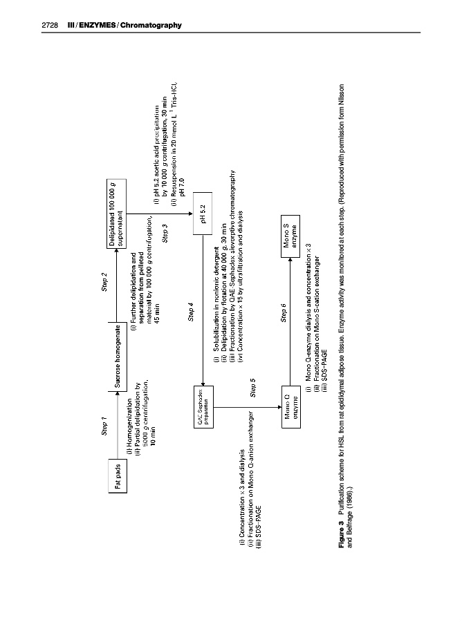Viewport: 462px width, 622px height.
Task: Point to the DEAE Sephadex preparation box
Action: pos(203,408)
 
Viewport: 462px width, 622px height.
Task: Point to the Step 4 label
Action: pos(190,312)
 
